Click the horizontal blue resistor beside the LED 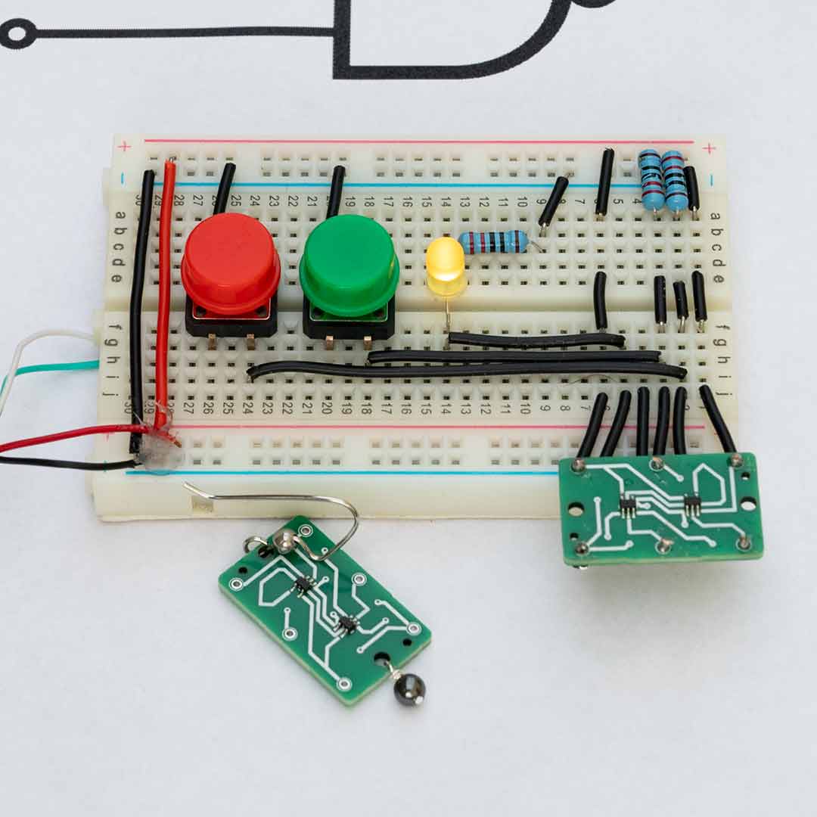(493, 242)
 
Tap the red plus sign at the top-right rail (709, 148)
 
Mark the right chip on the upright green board (691, 504)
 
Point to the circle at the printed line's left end (18, 33)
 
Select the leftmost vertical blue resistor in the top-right (651, 180)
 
